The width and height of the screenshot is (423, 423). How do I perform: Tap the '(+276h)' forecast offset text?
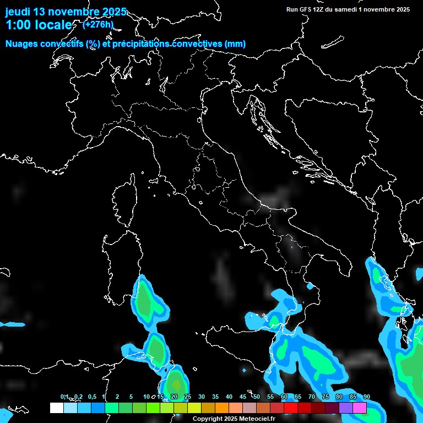[98, 24]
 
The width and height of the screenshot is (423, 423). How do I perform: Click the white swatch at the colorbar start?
[56, 408]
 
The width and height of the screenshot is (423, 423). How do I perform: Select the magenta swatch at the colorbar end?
[360, 408]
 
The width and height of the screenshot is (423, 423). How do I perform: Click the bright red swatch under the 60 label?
[290, 408]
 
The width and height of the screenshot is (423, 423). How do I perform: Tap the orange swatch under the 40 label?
[221, 408]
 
